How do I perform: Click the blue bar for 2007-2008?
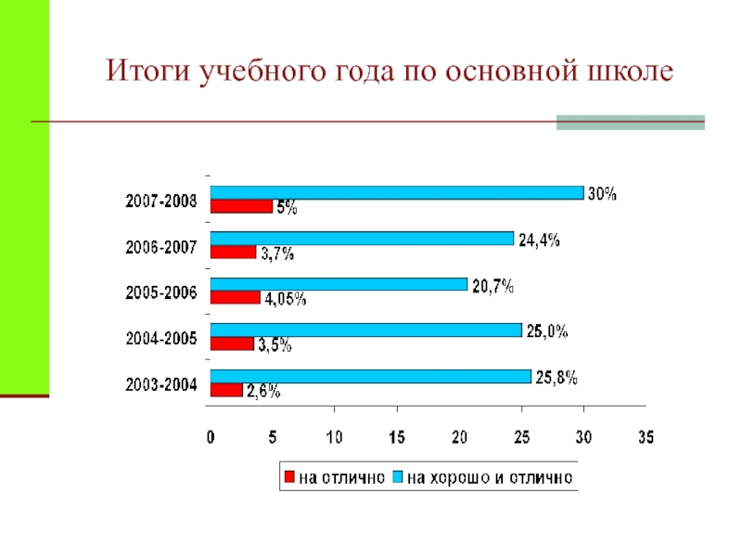point(397,192)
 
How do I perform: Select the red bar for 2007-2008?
point(241,207)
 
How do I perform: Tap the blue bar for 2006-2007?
point(362,238)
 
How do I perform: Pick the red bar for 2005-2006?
point(236,297)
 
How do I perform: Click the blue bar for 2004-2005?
point(365,330)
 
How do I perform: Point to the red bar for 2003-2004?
point(226,390)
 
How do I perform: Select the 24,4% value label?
point(539,240)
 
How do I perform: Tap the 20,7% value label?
point(493,286)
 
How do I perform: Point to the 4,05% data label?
point(285,299)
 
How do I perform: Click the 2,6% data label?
point(262,392)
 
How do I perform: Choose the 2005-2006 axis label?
point(161,292)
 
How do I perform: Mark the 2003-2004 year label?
point(161,384)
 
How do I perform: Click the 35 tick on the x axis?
point(645,436)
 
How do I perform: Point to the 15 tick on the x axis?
point(396,436)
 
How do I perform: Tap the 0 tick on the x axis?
point(211,436)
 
